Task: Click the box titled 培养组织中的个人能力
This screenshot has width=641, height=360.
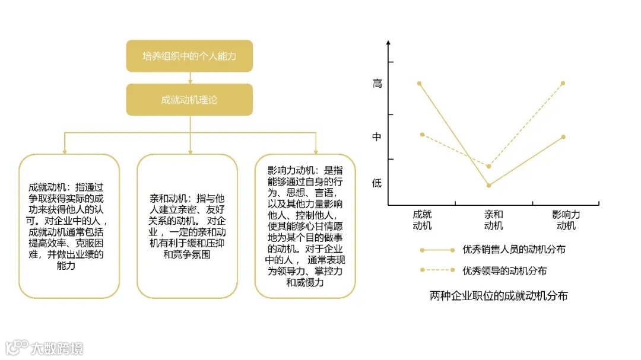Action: coord(189,56)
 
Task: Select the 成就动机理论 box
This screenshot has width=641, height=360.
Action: coord(189,100)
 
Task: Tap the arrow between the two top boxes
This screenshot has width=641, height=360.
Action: coord(189,78)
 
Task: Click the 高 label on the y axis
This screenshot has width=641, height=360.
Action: coord(377,84)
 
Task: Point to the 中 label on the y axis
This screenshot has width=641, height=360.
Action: coord(377,137)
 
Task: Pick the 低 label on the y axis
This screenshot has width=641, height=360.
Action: coord(377,183)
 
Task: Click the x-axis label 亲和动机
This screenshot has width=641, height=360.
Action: coord(493,220)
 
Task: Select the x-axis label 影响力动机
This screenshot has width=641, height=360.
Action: coord(566,220)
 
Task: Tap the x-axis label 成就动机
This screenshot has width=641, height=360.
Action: coord(422,220)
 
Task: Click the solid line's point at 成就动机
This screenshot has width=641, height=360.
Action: coord(420,84)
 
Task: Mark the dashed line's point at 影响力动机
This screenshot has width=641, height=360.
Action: coord(563,84)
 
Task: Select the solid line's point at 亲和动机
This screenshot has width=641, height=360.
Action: coord(489,186)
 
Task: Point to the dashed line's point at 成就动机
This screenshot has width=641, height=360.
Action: coord(422,135)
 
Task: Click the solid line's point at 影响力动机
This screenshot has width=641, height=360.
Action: coord(563,137)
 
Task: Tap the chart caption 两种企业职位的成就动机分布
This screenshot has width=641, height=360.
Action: coord(499,295)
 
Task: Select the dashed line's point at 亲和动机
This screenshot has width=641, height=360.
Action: coord(489,167)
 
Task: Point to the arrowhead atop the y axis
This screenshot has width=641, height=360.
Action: coord(388,43)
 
